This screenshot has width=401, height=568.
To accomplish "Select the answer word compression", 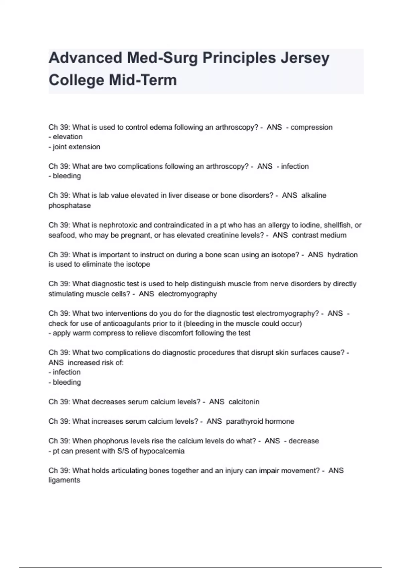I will tap(311, 127).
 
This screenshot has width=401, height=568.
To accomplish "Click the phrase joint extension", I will tap(77, 147).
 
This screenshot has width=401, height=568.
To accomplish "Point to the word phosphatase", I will tap(70, 205).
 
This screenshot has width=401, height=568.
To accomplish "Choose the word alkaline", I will tap(314, 195).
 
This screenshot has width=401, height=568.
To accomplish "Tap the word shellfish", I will tap(337, 225).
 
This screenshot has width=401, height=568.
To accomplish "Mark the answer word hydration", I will tap(343, 255).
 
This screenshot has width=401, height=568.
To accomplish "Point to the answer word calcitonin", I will tap(244, 402).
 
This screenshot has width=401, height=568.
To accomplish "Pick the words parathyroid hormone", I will tap(260, 421).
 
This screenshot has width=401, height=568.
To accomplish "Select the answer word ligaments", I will tap(64, 480).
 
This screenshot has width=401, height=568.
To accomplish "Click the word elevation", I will tap(68, 137).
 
